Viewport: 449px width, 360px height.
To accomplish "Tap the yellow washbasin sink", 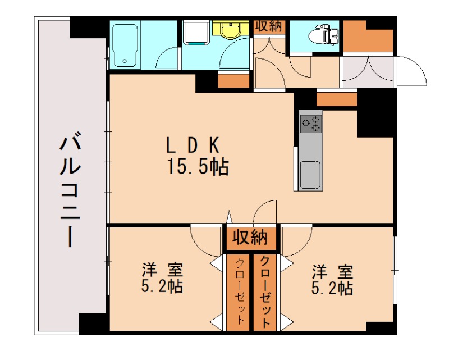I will pos(230,30).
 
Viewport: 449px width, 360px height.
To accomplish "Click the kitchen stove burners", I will pos(311,122).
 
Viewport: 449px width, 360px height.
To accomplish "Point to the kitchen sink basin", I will pos(310,175).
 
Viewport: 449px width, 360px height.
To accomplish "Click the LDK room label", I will pos(191,145).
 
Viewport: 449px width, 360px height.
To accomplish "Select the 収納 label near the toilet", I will pos(270,27).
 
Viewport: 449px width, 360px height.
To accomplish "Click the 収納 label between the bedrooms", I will pos(251,238).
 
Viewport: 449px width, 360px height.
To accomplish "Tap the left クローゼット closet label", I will pos(240,292).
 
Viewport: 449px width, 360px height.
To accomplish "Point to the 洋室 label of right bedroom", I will pos(333,271).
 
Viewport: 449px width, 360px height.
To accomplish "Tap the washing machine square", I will pos(195,33).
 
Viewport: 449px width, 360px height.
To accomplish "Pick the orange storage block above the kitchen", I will pos(337,99).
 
